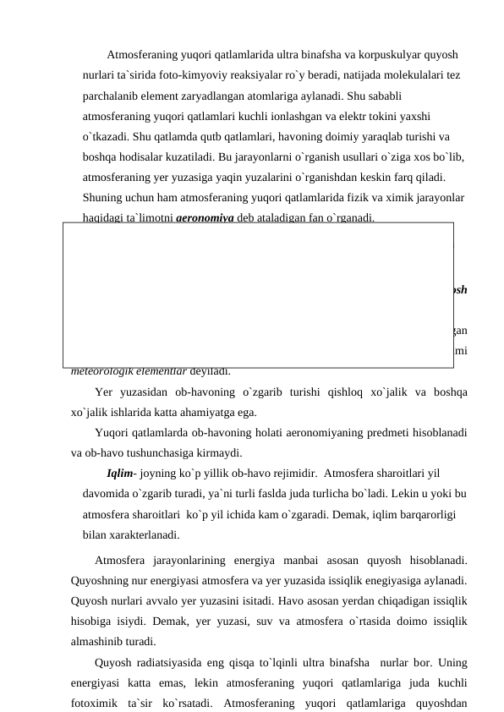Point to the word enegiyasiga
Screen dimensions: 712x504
coord(397,576)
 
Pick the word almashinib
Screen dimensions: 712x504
coord(104,637)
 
